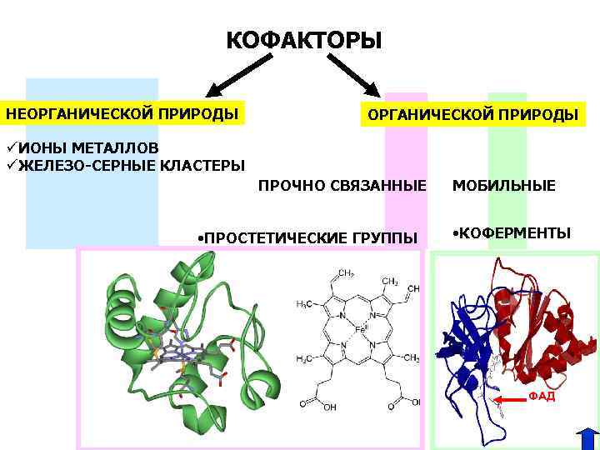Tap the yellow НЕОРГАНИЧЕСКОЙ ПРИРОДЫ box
pyautogui.click(x=122, y=112)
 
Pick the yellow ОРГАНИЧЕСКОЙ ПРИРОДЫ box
pyautogui.click(x=472, y=114)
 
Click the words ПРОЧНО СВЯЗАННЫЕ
pyautogui.click(x=342, y=184)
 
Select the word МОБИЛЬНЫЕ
pyautogui.click(x=504, y=185)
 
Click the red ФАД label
pyautogui.click(x=542, y=396)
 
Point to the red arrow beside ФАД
pyautogui.click(x=510, y=401)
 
